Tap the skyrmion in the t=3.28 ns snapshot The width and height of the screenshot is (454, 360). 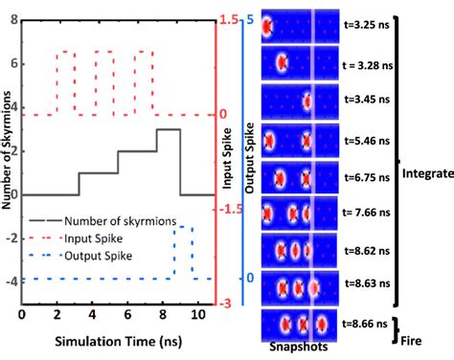click(282, 64)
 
